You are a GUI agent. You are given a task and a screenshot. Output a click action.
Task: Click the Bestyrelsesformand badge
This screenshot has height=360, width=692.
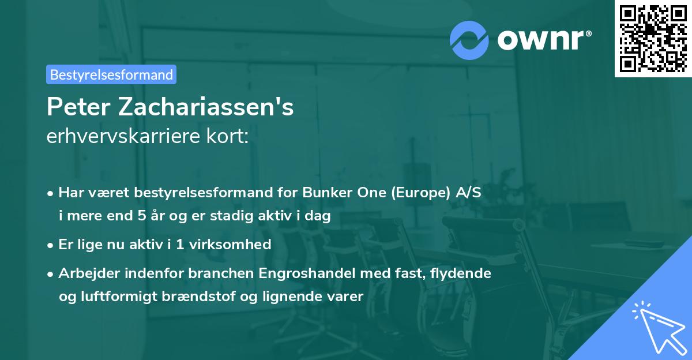(x=111, y=74)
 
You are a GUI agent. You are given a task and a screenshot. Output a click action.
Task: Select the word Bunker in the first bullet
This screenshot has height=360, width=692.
(x=334, y=193)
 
